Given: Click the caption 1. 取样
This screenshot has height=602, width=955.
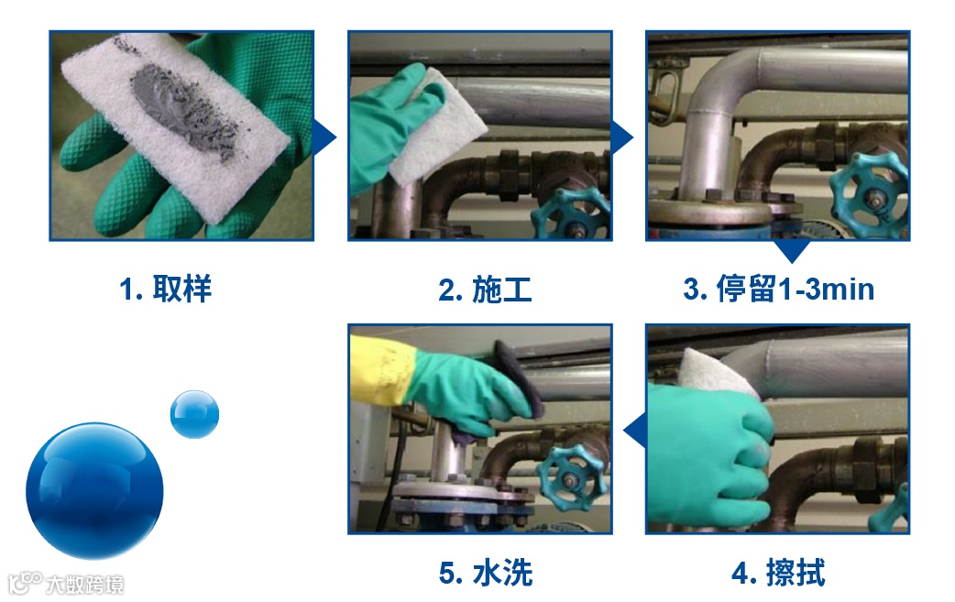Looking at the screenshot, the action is [166, 289].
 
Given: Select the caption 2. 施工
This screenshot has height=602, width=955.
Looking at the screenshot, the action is [485, 290].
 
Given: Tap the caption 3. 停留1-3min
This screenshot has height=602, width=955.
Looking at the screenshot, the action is [778, 289].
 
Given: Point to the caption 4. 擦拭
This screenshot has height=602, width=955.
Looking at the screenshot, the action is [778, 573].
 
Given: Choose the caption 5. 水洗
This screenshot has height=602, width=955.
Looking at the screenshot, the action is [486, 573].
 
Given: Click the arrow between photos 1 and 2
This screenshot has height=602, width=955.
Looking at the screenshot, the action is [324, 137].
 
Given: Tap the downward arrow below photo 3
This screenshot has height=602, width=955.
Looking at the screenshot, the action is [791, 250].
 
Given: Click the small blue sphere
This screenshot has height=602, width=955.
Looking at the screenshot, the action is [194, 414].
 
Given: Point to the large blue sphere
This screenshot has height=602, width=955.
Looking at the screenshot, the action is [94, 490].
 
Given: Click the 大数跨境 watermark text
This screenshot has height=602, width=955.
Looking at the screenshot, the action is [84, 585].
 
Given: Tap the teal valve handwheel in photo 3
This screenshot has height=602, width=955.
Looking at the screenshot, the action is [869, 195].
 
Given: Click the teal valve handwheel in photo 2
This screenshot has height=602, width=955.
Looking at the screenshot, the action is [572, 213].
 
